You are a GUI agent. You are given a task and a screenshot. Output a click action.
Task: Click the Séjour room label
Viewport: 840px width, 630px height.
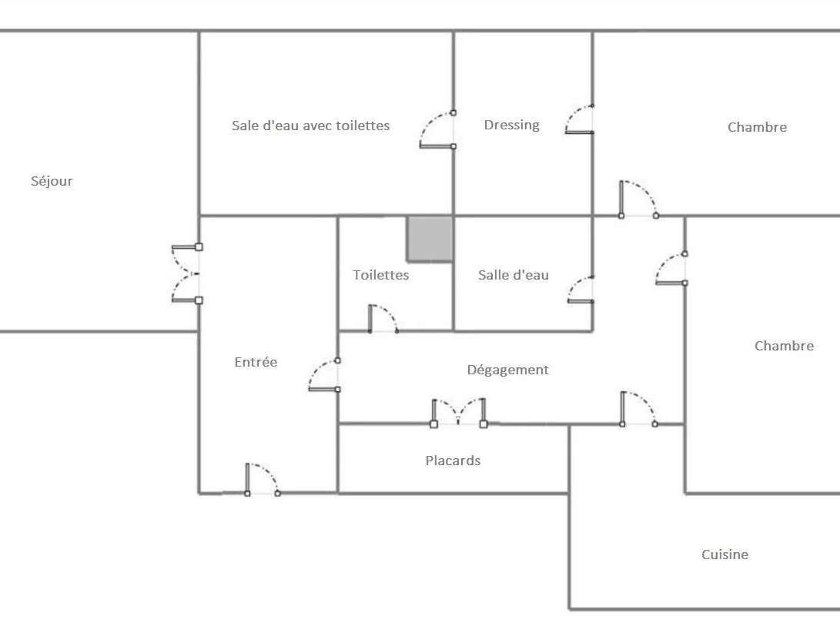(x=52, y=182)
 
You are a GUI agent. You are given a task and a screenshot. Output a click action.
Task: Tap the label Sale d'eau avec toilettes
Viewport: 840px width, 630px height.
(x=310, y=126)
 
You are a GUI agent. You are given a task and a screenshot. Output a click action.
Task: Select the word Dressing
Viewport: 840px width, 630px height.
(x=511, y=125)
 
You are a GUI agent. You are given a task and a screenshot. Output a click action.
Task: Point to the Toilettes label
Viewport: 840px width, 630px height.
(x=381, y=275)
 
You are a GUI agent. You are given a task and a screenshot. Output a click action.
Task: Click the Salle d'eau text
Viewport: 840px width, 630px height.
(x=513, y=275)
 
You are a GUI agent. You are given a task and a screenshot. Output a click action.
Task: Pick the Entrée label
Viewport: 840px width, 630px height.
(x=256, y=362)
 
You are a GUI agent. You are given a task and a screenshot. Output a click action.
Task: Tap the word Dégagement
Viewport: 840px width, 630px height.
(x=507, y=370)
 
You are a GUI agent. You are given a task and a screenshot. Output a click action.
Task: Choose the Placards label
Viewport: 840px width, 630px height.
(x=453, y=461)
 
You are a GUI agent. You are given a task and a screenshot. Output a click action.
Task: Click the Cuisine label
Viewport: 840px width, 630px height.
(x=725, y=555)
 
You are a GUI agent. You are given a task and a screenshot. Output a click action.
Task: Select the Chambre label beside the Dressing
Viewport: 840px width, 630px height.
(x=757, y=128)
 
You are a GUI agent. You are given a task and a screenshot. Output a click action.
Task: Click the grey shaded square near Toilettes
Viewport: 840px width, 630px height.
(x=430, y=239)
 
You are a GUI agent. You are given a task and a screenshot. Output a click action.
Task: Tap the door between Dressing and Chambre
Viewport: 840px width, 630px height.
(x=580, y=120)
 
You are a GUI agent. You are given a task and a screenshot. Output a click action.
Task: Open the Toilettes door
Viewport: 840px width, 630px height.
(x=383, y=320)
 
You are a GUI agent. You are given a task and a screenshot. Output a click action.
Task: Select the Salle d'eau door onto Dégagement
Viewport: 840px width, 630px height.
(x=581, y=289)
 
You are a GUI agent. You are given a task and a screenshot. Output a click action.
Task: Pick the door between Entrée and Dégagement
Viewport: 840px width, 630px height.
(x=324, y=375)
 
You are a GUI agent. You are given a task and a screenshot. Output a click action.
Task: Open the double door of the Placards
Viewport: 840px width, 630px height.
(x=459, y=412)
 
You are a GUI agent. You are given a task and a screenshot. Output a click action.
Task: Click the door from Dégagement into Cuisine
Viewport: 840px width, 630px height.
(x=637, y=409)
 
